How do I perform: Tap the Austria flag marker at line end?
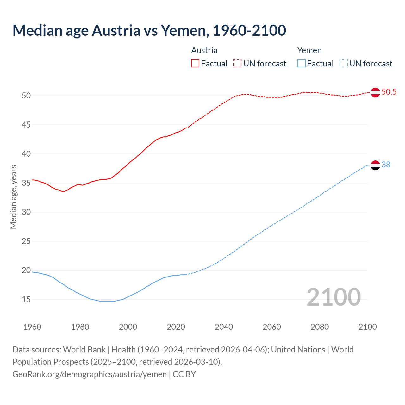375,92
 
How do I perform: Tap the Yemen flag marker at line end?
375,165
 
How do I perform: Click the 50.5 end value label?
389,92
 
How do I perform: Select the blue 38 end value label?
386,165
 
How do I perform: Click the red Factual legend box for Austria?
195,64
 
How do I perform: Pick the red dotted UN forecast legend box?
237,64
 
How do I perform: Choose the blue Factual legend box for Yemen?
302,64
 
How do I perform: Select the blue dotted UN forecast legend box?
344,64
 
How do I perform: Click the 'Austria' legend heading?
204,50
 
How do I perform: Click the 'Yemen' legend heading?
309,50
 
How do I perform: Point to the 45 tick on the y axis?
26,125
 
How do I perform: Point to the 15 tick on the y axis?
26,300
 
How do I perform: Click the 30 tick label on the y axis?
26,212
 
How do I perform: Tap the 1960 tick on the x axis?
32,327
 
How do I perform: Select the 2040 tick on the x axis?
224,327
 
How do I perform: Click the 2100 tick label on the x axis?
368,327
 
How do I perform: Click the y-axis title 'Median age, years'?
13,197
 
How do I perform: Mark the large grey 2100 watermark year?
334,297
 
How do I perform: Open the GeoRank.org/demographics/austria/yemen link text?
90,374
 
